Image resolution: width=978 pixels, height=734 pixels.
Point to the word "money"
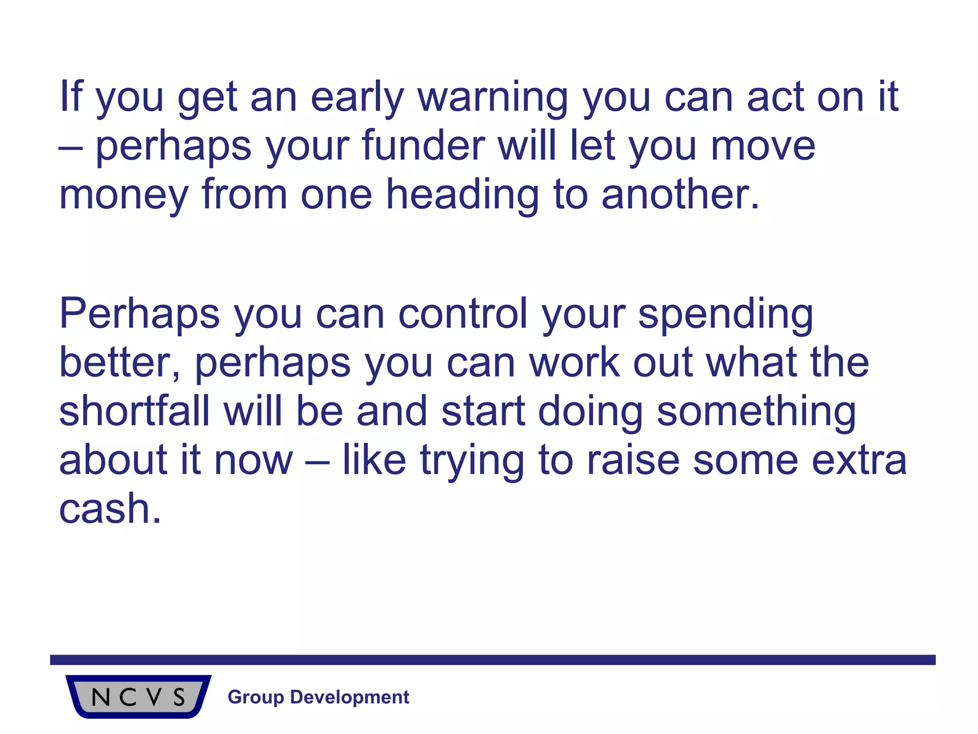coord(124,195)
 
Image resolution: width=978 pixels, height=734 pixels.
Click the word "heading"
coord(462,195)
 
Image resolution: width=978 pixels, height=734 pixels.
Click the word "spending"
coord(726,315)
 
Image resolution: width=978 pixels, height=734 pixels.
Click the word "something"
coord(756,412)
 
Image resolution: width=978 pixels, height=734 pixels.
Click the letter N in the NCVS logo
coord(101,697)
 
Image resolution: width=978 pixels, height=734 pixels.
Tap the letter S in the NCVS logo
coord(179,697)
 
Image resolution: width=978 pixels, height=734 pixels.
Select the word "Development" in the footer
coord(350,697)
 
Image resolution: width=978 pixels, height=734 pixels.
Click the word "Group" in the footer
coord(256,697)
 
